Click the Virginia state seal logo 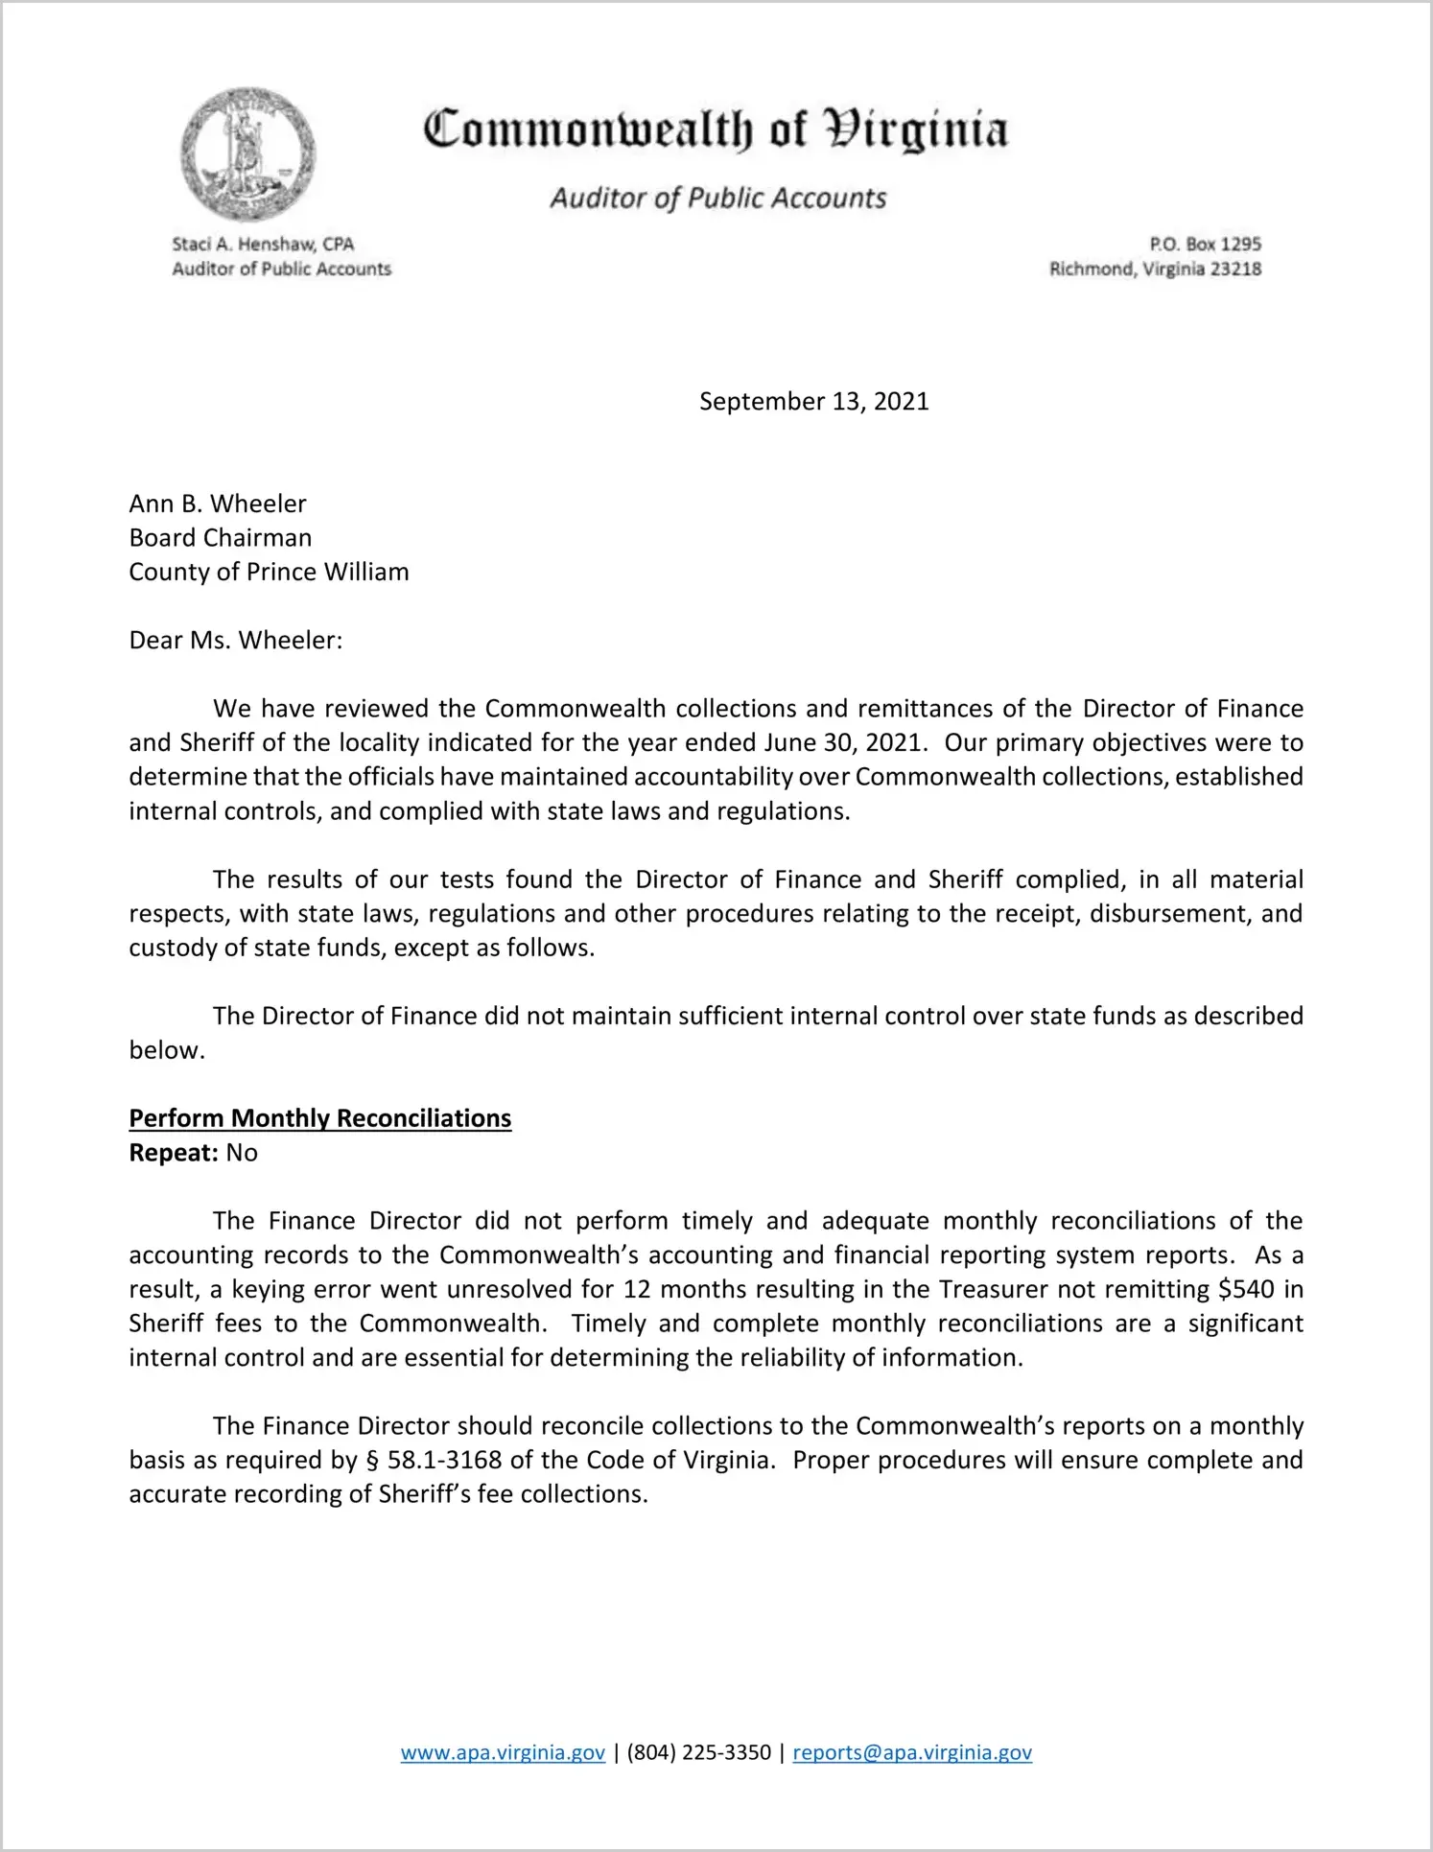coord(248,153)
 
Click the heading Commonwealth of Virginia coord(716,129)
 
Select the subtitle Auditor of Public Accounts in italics coord(717,198)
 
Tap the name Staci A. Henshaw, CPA coord(263,244)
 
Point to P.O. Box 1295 coord(1205,244)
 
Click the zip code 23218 coord(1235,269)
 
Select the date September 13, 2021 coord(813,401)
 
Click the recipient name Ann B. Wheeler coord(218,504)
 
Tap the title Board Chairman coord(221,537)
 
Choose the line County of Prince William coord(269,572)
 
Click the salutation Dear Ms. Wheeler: coord(236,640)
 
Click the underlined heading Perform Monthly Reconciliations coord(320,1118)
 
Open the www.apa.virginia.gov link coord(503,1752)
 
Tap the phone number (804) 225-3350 coord(698,1752)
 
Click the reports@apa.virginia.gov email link coord(912,1752)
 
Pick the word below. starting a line coord(167,1050)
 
